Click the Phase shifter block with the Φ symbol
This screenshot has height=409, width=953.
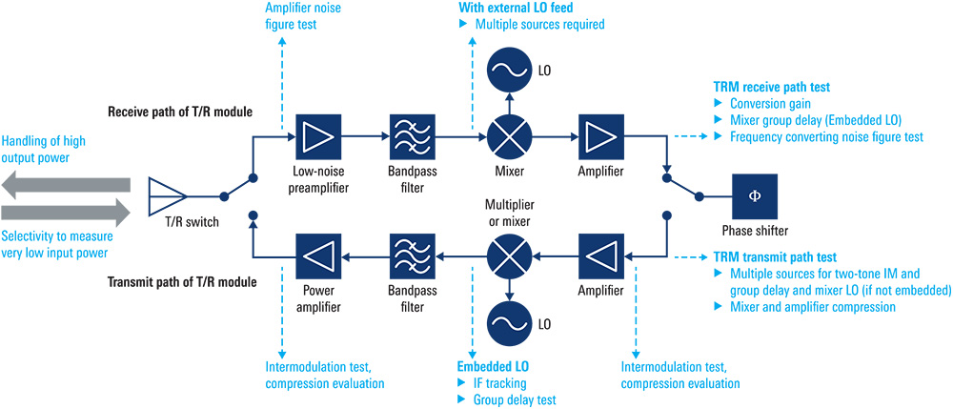756,196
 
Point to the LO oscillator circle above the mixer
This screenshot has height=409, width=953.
511,71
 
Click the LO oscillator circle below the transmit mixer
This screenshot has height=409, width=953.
511,322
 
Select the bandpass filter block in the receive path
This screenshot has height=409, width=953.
413,138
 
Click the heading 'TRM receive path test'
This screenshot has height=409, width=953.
771,85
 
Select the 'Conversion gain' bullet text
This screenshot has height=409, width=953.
772,102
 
